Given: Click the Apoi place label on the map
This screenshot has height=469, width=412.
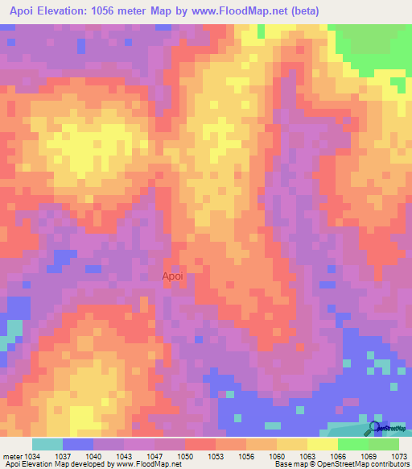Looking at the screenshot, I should [x=173, y=276].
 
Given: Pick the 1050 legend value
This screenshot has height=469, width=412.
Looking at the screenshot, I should [x=185, y=456].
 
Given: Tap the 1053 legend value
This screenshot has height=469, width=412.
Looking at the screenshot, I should [x=216, y=456].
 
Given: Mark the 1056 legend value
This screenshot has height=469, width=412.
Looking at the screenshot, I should [x=246, y=456].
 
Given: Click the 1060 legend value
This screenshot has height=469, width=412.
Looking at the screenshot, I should [x=277, y=456].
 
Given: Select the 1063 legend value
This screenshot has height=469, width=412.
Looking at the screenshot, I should [x=307, y=456].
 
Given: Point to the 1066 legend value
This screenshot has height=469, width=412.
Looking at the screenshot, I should [x=338, y=456].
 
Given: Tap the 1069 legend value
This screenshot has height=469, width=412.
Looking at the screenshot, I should [x=369, y=456].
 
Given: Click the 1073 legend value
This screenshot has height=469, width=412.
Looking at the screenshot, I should [x=399, y=456].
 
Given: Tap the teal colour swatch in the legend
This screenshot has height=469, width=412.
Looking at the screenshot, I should [x=47, y=444].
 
